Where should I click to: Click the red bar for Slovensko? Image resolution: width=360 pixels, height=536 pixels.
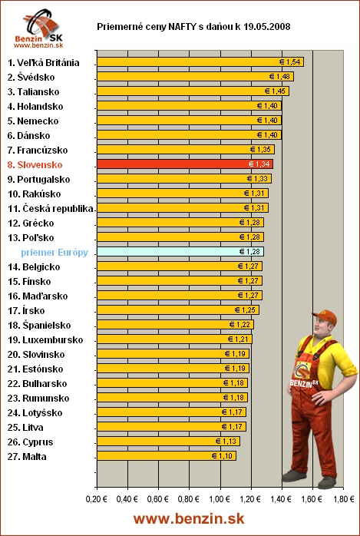[184, 164]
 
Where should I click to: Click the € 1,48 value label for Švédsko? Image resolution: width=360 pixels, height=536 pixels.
[280, 77]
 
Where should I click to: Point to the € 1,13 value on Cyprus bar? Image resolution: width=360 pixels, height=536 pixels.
[226, 442]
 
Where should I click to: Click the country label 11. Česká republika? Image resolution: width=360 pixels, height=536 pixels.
[51, 208]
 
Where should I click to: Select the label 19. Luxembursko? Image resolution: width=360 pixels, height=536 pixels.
[45, 339]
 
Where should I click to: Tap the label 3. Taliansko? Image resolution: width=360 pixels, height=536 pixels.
[36, 91]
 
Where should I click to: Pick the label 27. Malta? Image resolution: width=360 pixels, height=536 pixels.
[27, 456]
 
